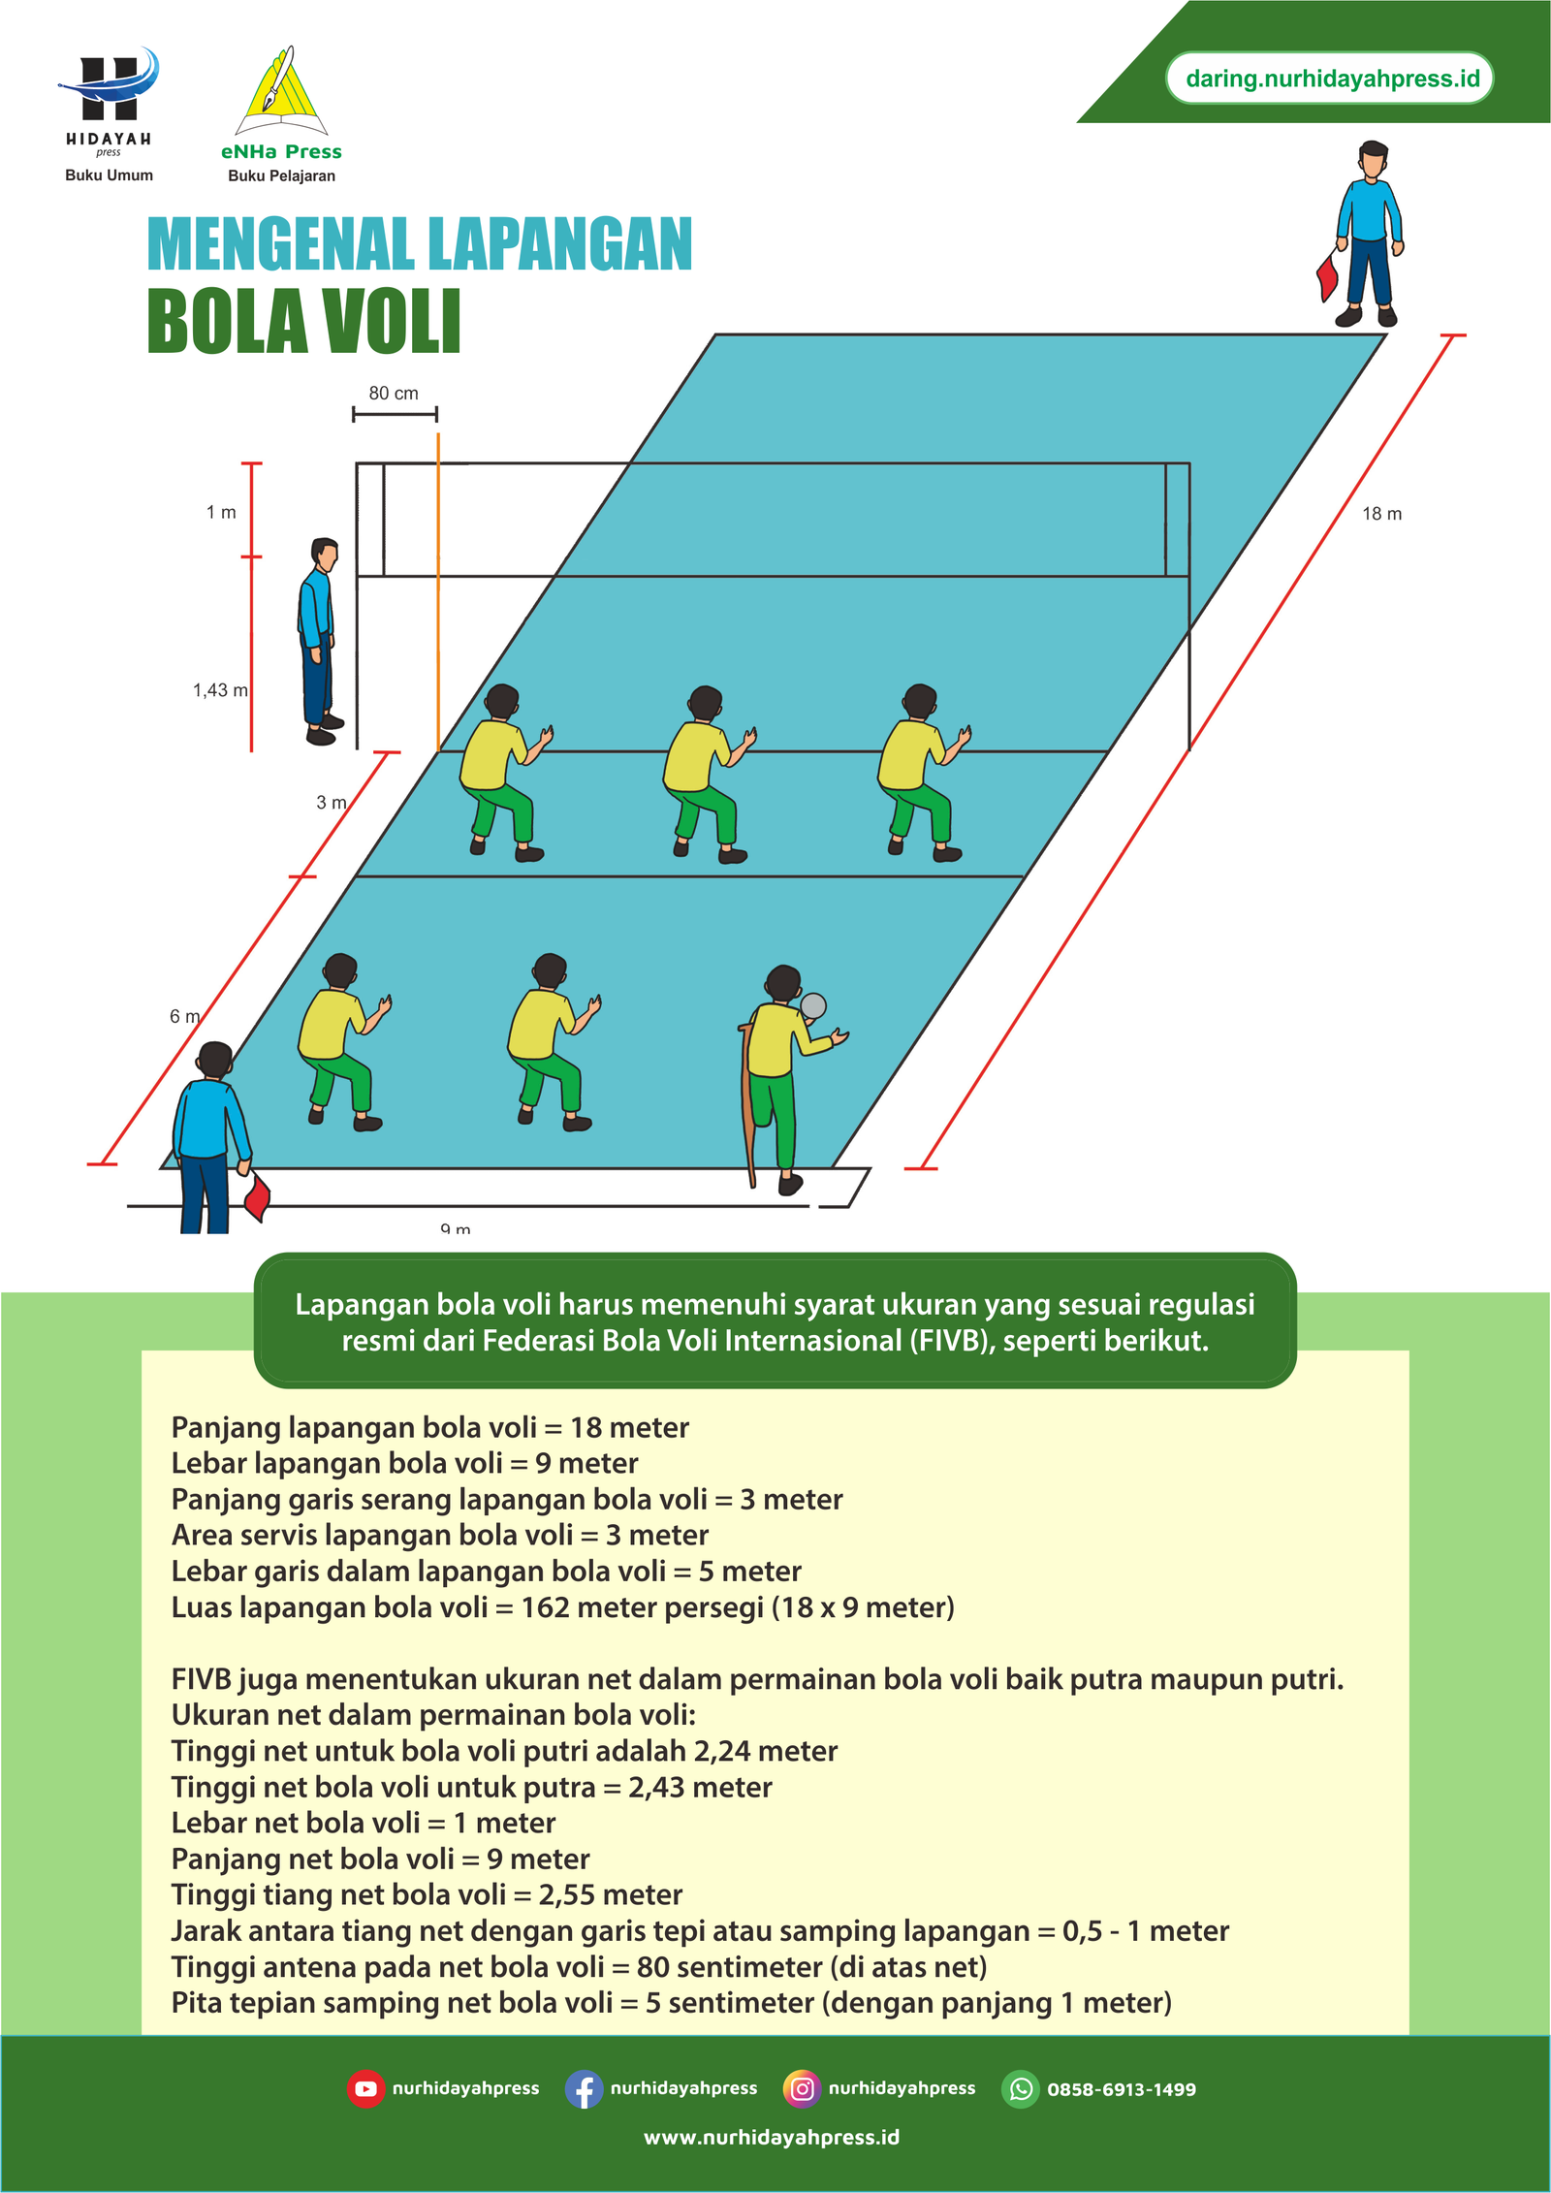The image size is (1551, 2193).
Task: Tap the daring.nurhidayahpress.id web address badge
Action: [x=1332, y=79]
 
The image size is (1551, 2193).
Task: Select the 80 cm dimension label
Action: [x=394, y=393]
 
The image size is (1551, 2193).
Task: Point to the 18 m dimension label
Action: [x=1381, y=514]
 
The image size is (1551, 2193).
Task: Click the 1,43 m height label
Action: [x=220, y=690]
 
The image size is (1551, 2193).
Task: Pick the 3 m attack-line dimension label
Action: [x=331, y=803]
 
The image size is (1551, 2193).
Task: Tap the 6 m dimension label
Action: [x=184, y=1016]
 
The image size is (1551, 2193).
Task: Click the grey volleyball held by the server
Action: [x=813, y=1006]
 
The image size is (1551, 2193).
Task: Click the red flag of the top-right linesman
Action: [x=1327, y=275]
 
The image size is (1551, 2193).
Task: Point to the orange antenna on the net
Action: [x=438, y=592]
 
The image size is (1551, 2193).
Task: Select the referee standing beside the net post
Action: [x=320, y=641]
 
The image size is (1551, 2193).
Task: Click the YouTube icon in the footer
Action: [x=365, y=2089]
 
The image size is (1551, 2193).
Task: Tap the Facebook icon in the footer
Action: [x=584, y=2089]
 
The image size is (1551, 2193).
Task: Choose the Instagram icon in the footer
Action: [x=802, y=2088]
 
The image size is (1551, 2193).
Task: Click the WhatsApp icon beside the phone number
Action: [x=1020, y=2089]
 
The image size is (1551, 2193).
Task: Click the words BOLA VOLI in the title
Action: [x=304, y=322]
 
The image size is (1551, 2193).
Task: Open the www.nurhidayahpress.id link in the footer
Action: [x=772, y=2138]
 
